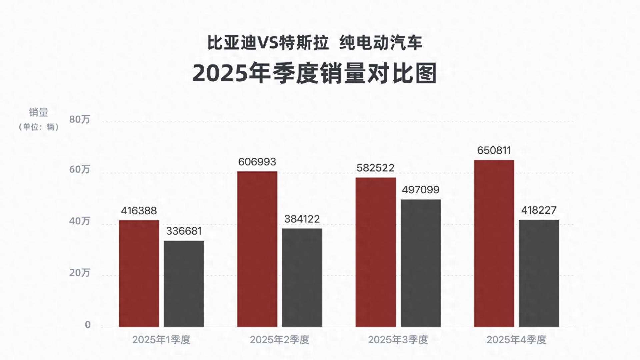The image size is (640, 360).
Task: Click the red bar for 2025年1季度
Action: [139, 273]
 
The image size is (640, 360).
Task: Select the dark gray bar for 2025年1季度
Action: [184, 283]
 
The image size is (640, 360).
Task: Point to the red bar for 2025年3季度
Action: [376, 252]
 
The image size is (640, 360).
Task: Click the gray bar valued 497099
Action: [421, 263]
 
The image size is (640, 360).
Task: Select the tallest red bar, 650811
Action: [494, 243]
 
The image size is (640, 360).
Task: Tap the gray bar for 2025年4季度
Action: [539, 273]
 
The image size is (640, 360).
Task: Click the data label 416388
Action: [139, 211]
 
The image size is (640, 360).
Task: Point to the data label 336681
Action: [184, 231]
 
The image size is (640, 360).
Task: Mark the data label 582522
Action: [375, 168]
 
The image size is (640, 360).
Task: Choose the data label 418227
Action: [539, 210]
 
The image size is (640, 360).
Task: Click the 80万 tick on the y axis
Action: [80, 119]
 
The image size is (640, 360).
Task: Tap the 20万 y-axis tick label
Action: [80, 273]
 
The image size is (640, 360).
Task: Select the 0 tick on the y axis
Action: [88, 324]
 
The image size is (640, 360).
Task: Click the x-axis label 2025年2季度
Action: [280, 340]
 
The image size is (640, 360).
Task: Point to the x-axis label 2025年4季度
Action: [516, 340]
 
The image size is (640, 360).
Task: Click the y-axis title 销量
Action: [39, 112]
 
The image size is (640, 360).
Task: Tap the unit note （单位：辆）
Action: [39, 127]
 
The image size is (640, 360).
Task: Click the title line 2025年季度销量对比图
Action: [314, 73]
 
